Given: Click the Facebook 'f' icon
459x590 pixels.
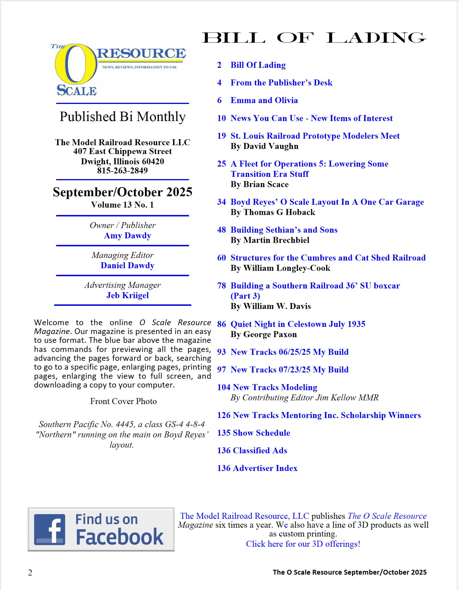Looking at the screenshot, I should point(50,529).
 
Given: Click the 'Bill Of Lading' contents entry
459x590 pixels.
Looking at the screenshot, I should point(258,65).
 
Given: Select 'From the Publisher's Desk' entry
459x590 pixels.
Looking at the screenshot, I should point(281,83).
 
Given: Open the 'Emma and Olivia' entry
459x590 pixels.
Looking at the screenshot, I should point(264,100).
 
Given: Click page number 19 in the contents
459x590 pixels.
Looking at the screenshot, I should point(221,136).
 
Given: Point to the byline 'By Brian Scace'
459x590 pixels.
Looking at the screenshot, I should point(259,184).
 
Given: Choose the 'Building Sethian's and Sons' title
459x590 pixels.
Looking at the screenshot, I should point(284,230).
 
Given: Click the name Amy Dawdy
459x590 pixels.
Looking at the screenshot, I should point(127,235).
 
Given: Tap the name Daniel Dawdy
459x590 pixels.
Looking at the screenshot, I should point(127,265).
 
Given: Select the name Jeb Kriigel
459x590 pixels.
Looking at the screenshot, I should point(127,295).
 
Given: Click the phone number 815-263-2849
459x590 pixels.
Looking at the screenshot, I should point(122,171).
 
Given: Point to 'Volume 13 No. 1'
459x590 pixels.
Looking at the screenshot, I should point(122,205).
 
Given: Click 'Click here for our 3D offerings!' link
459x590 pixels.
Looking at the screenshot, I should point(303,544).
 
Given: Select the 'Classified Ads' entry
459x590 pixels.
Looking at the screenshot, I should point(260,450).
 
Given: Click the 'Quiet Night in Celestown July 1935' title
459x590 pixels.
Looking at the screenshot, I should point(298,324).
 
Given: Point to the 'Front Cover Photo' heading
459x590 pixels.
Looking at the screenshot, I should point(123,401).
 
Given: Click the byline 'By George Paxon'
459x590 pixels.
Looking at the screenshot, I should point(264,334).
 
